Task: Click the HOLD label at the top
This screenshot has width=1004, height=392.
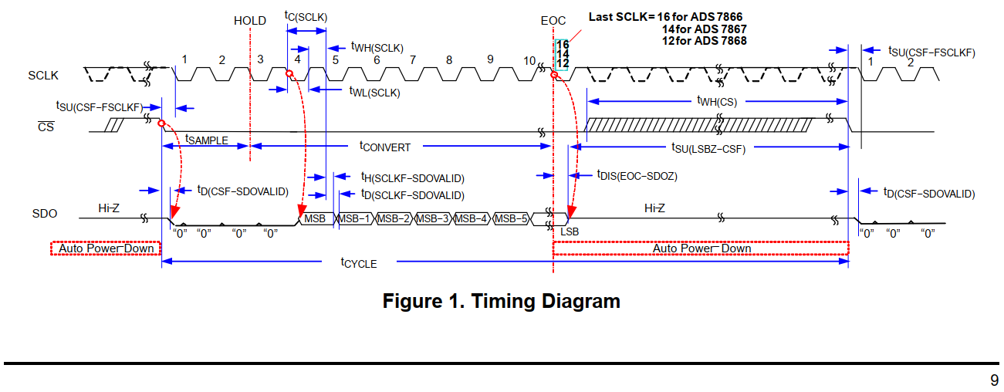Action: pyautogui.click(x=250, y=21)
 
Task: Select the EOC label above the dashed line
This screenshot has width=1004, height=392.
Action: pyautogui.click(x=553, y=21)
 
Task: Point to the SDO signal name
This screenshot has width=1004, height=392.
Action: pyautogui.click(x=44, y=214)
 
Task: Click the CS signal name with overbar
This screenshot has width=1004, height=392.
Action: pyautogui.click(x=46, y=127)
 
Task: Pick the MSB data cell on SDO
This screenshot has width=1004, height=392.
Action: pyautogui.click(x=315, y=218)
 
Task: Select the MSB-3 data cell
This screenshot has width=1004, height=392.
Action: pyautogui.click(x=433, y=218)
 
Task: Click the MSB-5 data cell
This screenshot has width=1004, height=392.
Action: pyautogui.click(x=511, y=218)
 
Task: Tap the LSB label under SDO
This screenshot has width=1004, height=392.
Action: pyautogui.click(x=570, y=231)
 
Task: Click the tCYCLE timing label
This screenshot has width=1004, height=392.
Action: pyautogui.click(x=359, y=262)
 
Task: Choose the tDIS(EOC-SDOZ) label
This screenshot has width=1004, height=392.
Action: pyautogui.click(x=637, y=176)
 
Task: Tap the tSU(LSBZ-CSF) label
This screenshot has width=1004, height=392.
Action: pyautogui.click(x=705, y=149)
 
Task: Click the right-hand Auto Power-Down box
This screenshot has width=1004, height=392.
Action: pyautogui.click(x=701, y=248)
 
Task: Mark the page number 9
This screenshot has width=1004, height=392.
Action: pyautogui.click(x=994, y=380)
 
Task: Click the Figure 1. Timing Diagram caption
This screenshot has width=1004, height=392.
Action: pyautogui.click(x=501, y=301)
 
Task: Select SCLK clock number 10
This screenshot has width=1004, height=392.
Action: pyautogui.click(x=529, y=60)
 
